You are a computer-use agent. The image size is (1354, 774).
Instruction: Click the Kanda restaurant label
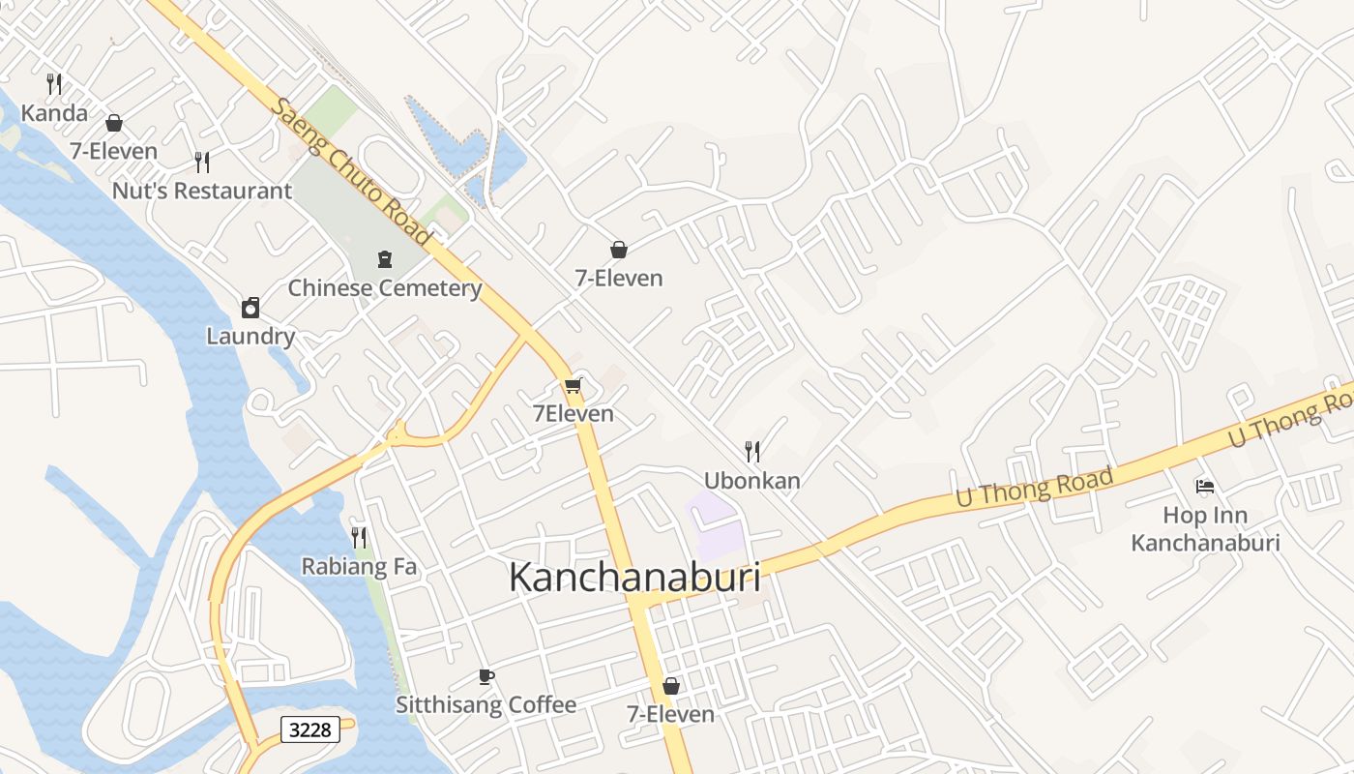pyautogui.click(x=54, y=113)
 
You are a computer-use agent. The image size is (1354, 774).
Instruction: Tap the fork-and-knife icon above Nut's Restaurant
pyautogui.click(x=202, y=162)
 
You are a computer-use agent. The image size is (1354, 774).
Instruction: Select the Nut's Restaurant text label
pyautogui.click(x=201, y=191)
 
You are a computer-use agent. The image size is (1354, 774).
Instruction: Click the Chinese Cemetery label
pyautogui.click(x=385, y=288)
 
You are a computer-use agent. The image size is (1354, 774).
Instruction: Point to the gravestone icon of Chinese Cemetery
pyautogui.click(x=385, y=258)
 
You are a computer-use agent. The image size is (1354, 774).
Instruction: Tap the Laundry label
pyautogui.click(x=250, y=337)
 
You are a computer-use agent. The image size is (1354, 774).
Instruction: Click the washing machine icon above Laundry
pyautogui.click(x=250, y=308)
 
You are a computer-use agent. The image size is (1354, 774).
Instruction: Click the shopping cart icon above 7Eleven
pyautogui.click(x=573, y=386)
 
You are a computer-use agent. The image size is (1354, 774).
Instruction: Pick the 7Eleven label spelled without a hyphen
pyautogui.click(x=574, y=414)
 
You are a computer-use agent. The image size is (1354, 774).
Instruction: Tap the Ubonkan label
pyautogui.click(x=752, y=481)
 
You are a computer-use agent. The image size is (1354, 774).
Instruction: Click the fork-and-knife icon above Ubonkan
pyautogui.click(x=752, y=451)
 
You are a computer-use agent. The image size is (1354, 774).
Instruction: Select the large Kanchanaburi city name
pyautogui.click(x=634, y=578)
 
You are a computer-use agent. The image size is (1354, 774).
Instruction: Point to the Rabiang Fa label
pyautogui.click(x=359, y=567)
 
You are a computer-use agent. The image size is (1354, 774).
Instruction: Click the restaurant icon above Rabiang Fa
pyautogui.click(x=359, y=537)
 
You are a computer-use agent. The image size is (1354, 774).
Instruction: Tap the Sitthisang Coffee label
pyautogui.click(x=486, y=705)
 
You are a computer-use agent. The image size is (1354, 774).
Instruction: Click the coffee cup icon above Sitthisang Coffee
pyautogui.click(x=486, y=676)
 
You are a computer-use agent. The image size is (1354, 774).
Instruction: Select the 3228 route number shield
pyautogui.click(x=310, y=729)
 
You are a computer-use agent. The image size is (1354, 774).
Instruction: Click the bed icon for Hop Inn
pyautogui.click(x=1205, y=486)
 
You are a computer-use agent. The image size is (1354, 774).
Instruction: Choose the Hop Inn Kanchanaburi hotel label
pyautogui.click(x=1205, y=529)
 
